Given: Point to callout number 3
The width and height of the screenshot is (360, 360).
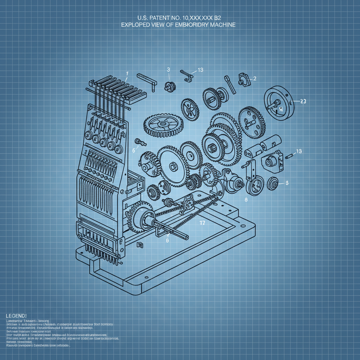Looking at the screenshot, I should click(168, 70).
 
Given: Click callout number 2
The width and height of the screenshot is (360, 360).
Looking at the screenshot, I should click(255, 78).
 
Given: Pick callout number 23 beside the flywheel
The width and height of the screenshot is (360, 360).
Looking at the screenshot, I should click(302, 101).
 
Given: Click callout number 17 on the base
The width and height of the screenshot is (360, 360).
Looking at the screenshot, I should click(202, 223).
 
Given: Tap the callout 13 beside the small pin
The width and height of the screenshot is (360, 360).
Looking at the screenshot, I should click(299, 151).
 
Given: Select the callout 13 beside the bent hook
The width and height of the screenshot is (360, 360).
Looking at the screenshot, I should click(200, 70).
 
